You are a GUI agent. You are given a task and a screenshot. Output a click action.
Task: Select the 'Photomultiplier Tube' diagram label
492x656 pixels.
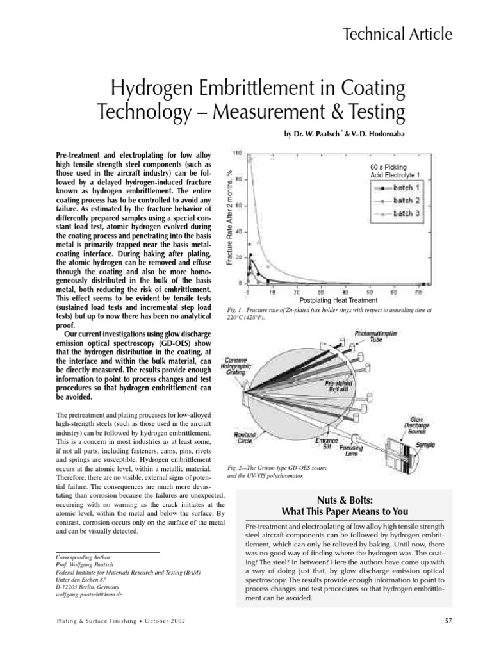(376, 338)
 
